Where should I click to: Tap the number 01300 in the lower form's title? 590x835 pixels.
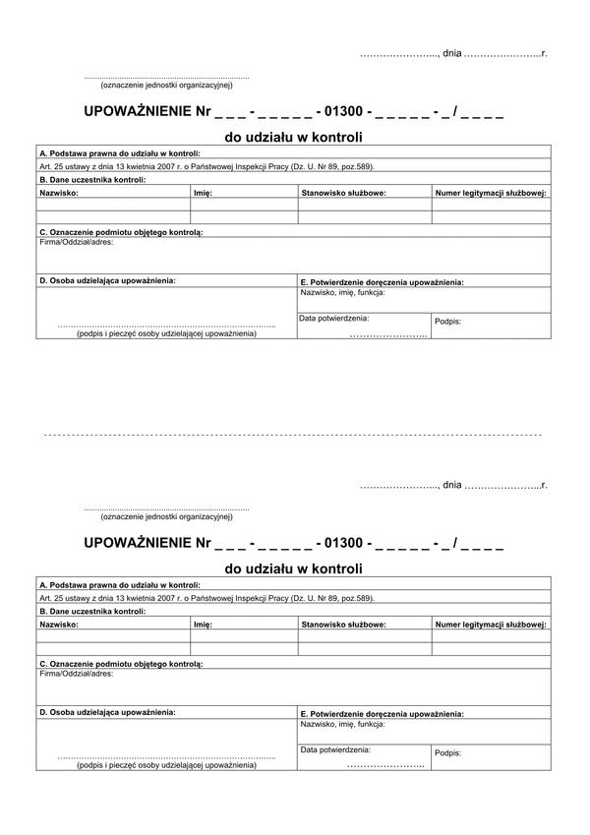coord(342,543)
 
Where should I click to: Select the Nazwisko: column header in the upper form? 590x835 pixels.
coord(59,194)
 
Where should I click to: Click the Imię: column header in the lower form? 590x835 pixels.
coord(204,624)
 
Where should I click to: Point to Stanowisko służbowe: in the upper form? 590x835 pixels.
coord(343,194)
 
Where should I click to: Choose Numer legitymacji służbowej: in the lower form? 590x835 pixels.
coord(491,624)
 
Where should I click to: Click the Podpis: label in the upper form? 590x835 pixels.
coord(447,322)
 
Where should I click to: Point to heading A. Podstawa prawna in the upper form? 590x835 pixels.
coord(119,153)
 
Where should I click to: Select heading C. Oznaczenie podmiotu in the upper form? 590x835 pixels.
coord(121,232)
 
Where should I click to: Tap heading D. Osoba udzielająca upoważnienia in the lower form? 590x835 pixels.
coord(107,710)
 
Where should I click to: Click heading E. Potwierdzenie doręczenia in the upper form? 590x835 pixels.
coord(382,282)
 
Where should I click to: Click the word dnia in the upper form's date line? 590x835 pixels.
coord(451,51)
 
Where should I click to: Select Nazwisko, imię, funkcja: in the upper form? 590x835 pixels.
coord(342,292)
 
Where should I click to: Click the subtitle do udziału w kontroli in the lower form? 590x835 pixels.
coord(294,567)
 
